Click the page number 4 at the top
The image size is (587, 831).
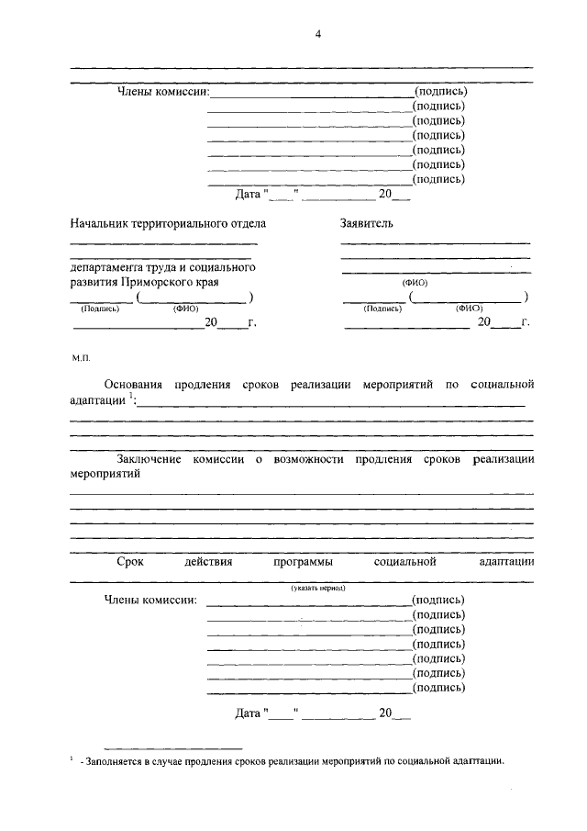pyautogui.click(x=318, y=34)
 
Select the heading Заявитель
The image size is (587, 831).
pyautogui.click(x=366, y=222)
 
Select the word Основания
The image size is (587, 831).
pyautogui.click(x=138, y=384)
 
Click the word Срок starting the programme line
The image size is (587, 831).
pyautogui.click(x=130, y=560)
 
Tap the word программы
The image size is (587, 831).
pyautogui.click(x=303, y=560)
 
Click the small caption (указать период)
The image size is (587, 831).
pyautogui.click(x=318, y=588)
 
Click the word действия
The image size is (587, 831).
pyautogui.click(x=208, y=560)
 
